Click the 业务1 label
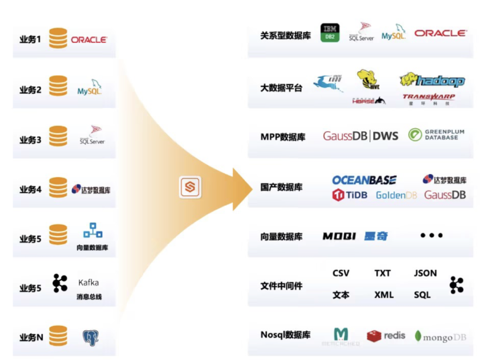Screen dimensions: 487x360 coord(30,40)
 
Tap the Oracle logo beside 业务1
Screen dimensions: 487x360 coord(89,40)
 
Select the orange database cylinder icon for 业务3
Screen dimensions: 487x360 coord(58,136)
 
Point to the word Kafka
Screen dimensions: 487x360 coord(88,283)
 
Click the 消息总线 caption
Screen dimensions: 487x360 coord(89,297)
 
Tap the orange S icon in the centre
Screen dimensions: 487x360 coord(190,187)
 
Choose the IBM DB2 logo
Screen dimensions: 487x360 coord(330,33)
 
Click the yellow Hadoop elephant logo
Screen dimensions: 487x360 coord(432,80)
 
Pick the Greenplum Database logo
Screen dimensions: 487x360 coord(436,135)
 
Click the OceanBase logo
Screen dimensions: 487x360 coord(364,180)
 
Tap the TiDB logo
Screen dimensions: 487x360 coord(350,195)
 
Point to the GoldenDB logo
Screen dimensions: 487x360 coord(396,196)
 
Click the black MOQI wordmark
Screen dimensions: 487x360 coord(339,236)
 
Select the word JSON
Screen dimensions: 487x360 coord(425,273)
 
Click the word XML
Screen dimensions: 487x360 coord(384,295)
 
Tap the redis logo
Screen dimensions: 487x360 coord(386,336)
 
